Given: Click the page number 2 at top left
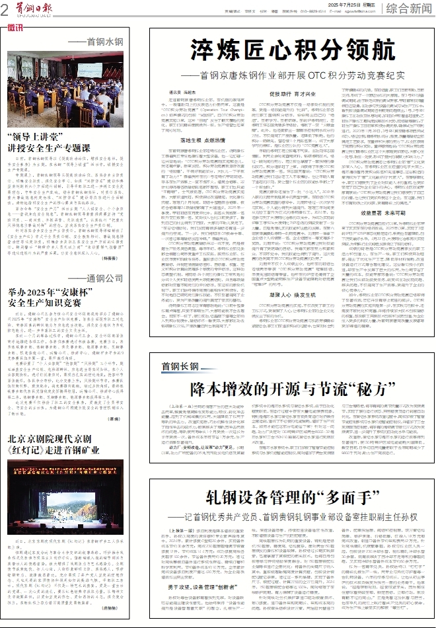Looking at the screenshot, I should pyautogui.click(x=5, y=9).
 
